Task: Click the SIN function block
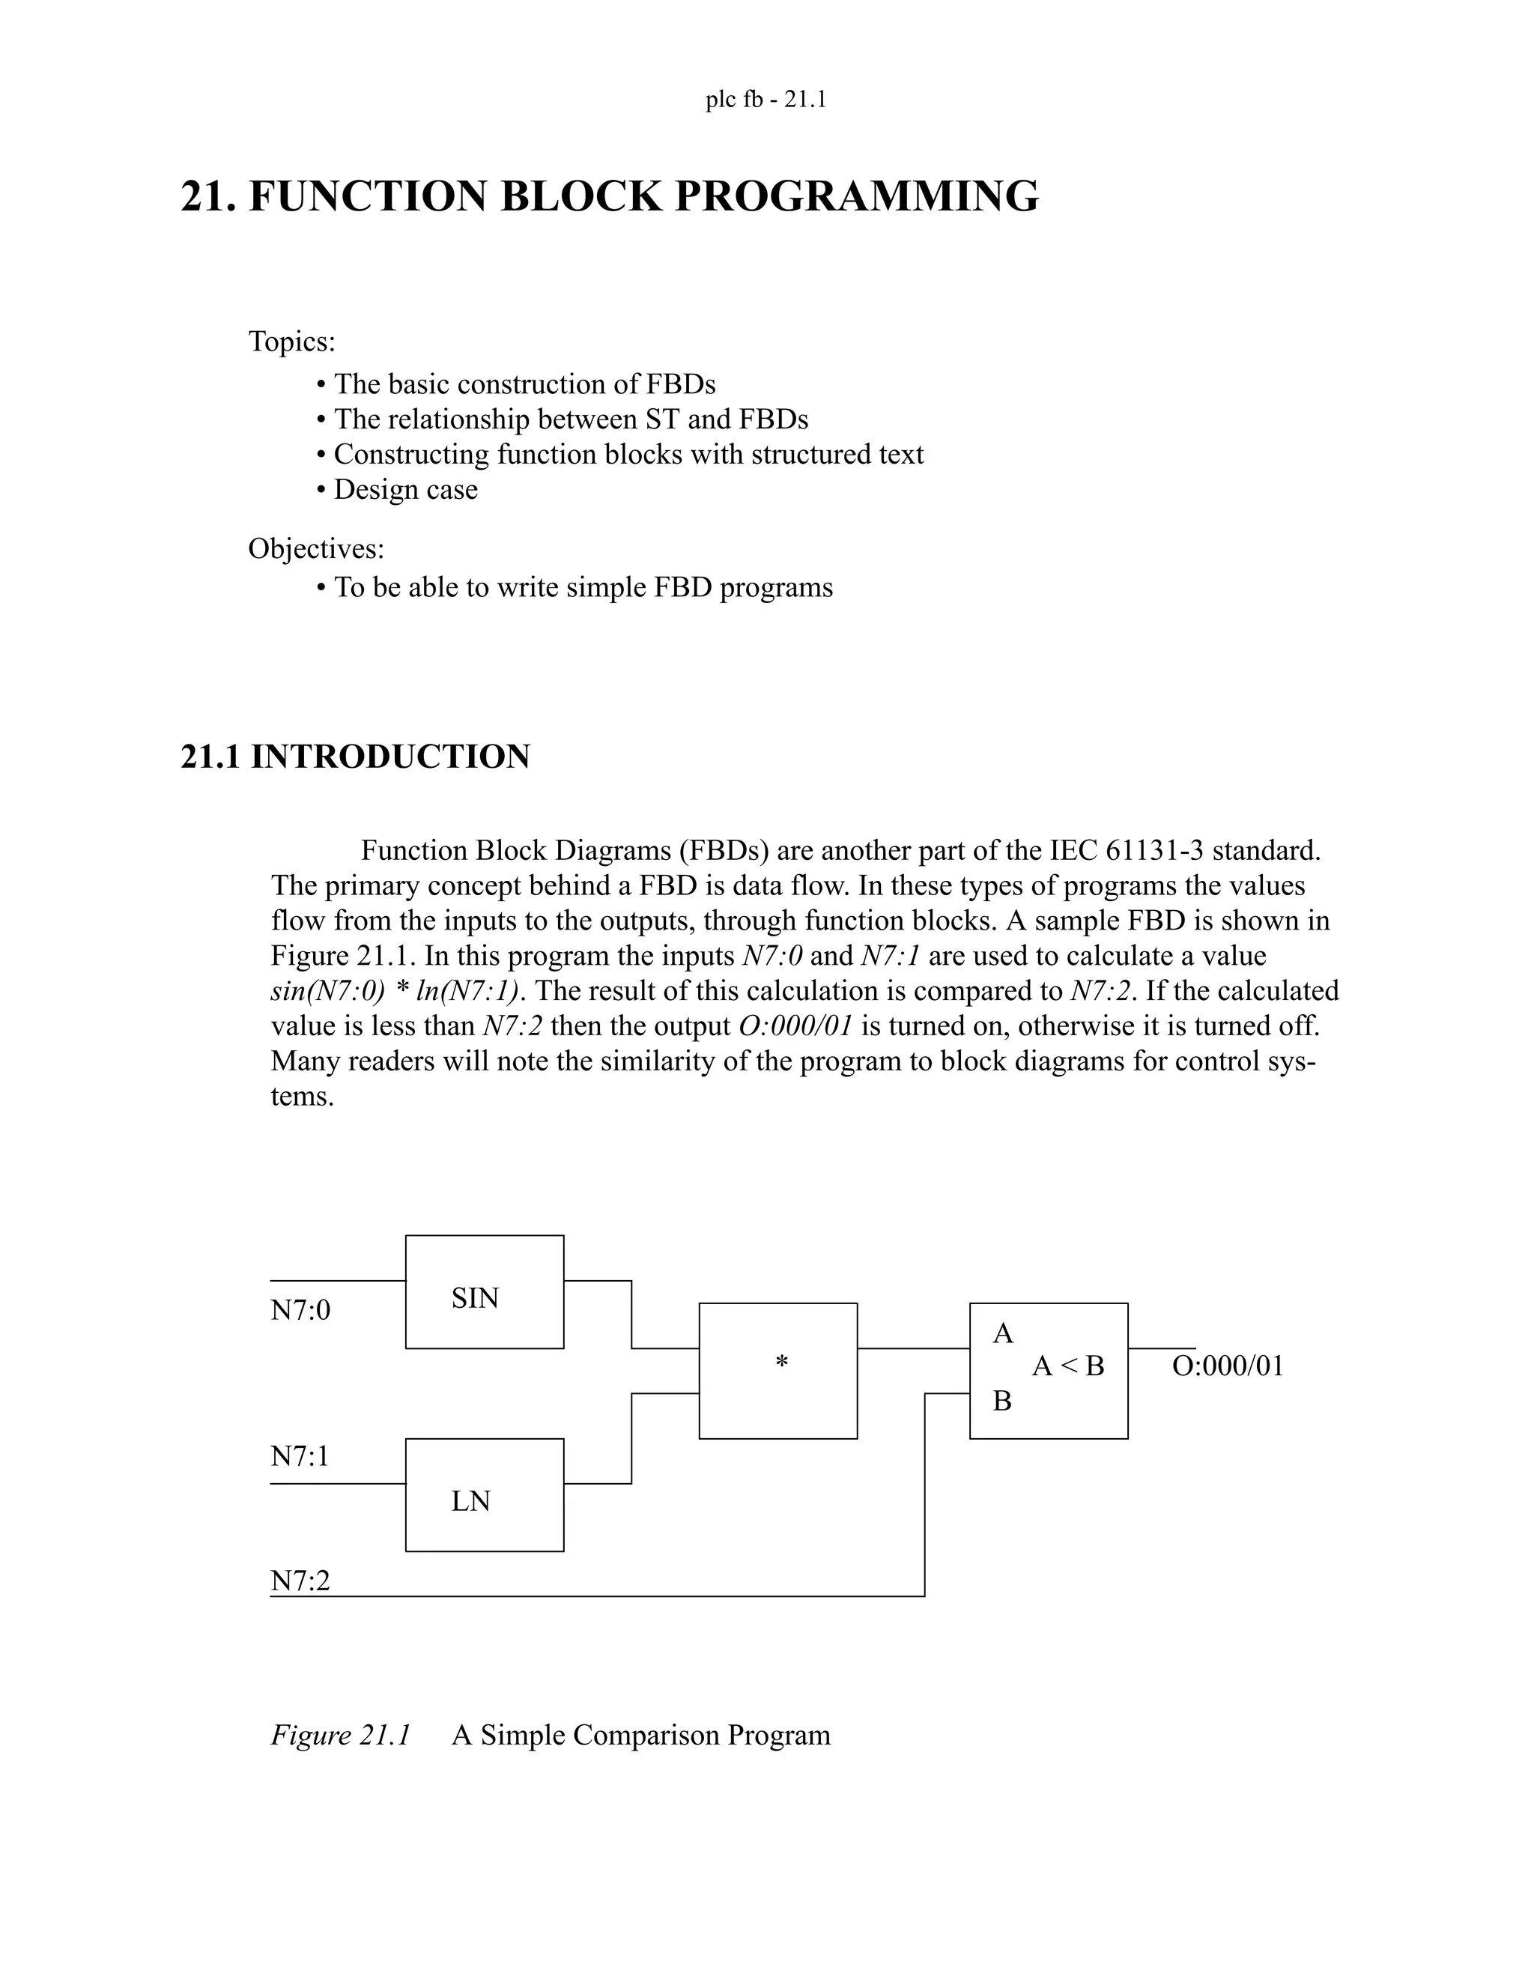[x=485, y=1291]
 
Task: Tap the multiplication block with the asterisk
[x=778, y=1371]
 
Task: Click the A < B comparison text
[x=1068, y=1366]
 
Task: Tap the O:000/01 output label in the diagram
[x=1228, y=1366]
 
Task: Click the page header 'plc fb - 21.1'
[x=766, y=99]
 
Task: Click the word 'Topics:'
[x=291, y=342]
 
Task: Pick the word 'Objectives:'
[x=316, y=548]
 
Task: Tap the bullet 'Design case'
[x=405, y=489]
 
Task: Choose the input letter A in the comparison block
[x=1002, y=1333]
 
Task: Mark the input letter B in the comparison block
[x=1002, y=1401]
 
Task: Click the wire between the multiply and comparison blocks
[x=913, y=1349]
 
